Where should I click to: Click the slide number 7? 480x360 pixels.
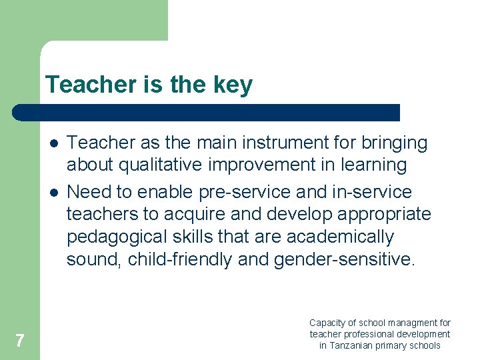point(19,341)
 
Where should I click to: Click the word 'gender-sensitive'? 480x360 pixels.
point(343,259)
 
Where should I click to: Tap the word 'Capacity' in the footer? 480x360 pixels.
point(326,323)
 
